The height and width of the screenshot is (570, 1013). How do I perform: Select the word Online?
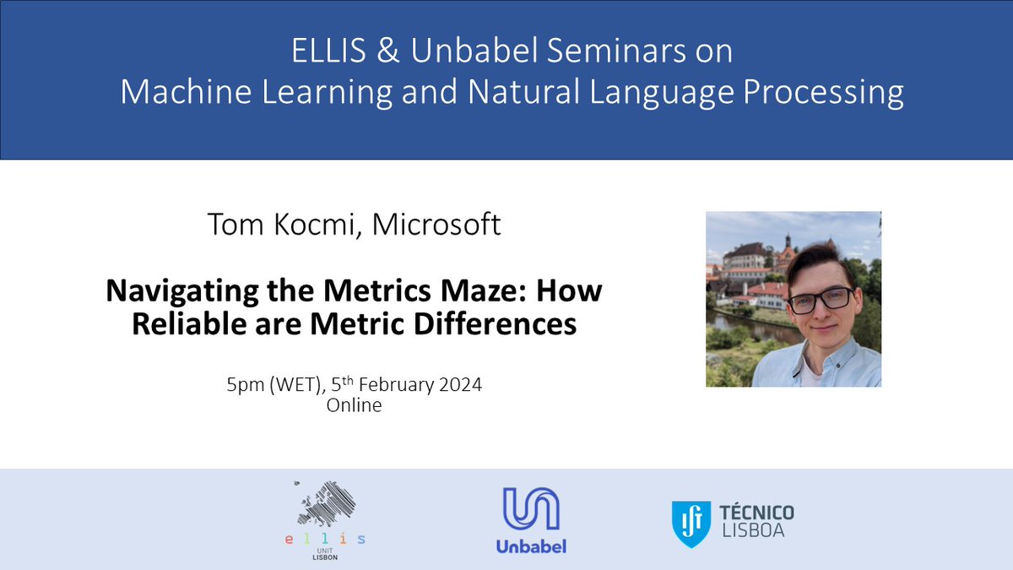tap(354, 405)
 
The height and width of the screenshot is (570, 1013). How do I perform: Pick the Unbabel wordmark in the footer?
tap(530, 546)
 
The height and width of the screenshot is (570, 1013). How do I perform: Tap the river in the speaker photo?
tap(743, 326)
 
